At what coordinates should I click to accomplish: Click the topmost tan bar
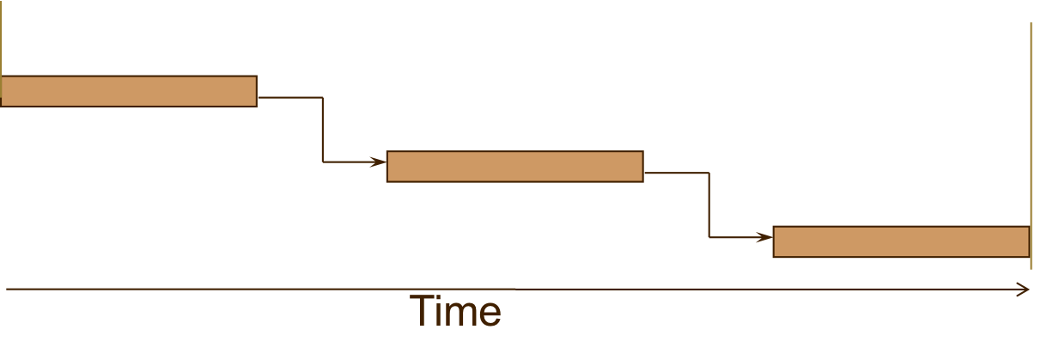point(129,91)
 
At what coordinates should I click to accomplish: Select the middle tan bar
point(514,167)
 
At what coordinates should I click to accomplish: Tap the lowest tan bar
point(901,241)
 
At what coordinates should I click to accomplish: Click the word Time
point(455,311)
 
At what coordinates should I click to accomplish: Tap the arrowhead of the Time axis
point(1025,290)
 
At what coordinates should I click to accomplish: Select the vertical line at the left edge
point(2,39)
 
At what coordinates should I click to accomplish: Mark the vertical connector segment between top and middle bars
point(323,129)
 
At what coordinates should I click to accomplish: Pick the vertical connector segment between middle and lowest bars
point(709,204)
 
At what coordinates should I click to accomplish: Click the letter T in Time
point(422,311)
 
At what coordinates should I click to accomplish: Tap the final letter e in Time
point(490,314)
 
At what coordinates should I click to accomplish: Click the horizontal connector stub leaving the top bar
point(289,97)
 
